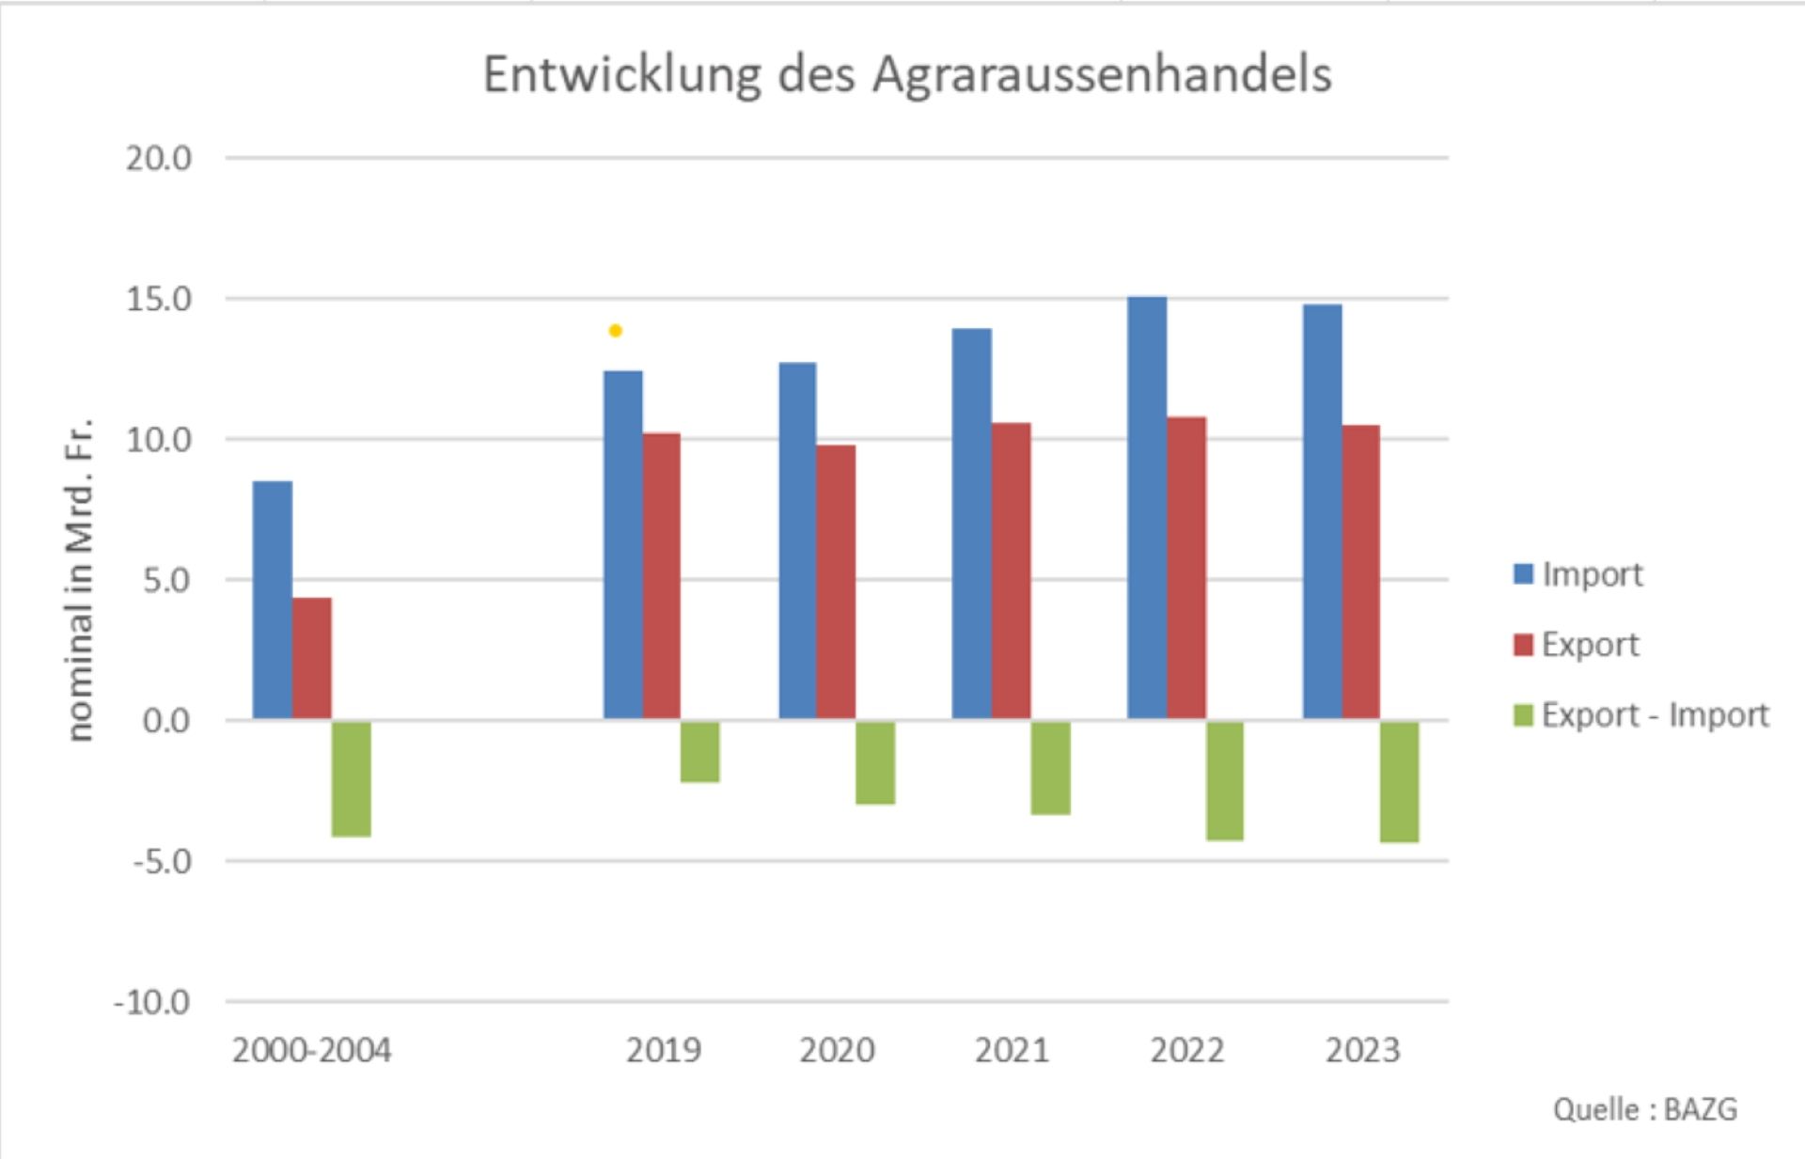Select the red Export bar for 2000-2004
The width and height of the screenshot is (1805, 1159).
pos(311,658)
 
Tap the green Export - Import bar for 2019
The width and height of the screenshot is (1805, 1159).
pos(699,751)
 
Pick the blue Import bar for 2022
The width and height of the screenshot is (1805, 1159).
pos(1147,508)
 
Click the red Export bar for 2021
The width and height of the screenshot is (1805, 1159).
pos(1011,571)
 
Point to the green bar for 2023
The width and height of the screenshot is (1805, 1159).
pos(1399,781)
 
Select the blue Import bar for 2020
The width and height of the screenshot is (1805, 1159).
pos(797,540)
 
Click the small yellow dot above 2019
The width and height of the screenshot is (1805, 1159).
pos(615,331)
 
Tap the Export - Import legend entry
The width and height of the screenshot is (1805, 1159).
pos(1641,715)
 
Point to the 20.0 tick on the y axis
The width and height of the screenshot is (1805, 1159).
pos(158,159)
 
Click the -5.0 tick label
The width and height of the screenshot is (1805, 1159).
pos(162,861)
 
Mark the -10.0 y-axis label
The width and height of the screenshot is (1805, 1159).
pos(152,1002)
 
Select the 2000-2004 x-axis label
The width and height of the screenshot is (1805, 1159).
pos(311,1050)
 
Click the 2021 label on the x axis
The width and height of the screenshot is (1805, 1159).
pos(1012,1050)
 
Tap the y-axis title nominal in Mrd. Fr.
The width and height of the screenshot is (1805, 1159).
pos(81,579)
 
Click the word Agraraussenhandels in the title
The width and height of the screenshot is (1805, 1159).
pos(1101,74)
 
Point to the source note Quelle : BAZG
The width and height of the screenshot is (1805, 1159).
pos(1644,1109)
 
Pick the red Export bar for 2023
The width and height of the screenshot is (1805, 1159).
pos(1360,572)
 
